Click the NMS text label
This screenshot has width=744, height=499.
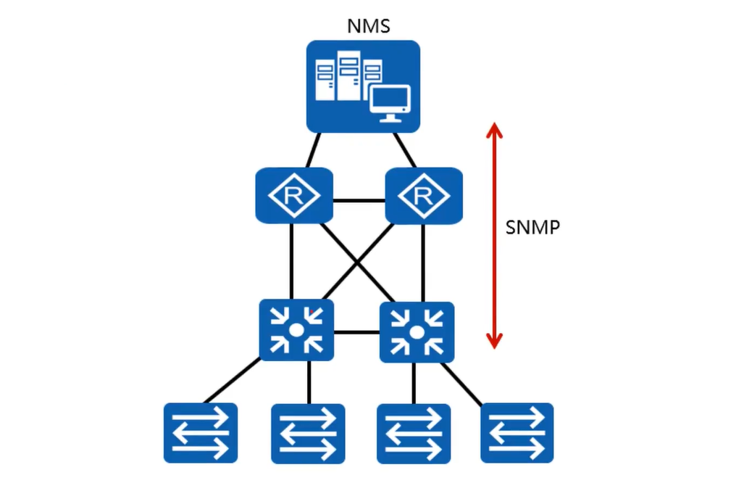click(369, 27)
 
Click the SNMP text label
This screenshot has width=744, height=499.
click(532, 227)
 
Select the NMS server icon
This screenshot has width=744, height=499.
click(363, 86)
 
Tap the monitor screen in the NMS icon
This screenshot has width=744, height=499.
click(390, 100)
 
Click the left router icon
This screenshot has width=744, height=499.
click(293, 195)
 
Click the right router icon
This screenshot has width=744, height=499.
click(424, 195)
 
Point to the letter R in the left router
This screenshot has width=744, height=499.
click(293, 195)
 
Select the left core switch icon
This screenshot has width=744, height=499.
click(296, 330)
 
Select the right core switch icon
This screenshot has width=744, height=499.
click(417, 332)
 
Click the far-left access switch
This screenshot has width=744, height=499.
click(201, 432)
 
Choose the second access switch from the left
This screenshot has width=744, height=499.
click(308, 434)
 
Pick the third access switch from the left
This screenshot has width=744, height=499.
click(414, 434)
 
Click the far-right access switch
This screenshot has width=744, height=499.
click(517, 432)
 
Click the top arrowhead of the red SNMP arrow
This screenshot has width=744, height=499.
click(494, 131)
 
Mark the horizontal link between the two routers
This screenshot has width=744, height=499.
click(359, 199)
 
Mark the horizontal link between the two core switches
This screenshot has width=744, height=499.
click(357, 332)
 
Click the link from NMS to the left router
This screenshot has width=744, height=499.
click(312, 150)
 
